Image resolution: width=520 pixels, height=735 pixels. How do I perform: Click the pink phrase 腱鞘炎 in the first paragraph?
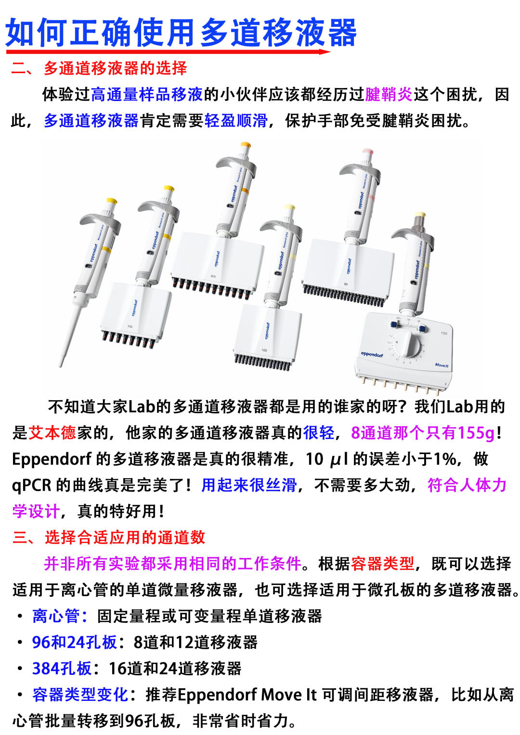[389, 94]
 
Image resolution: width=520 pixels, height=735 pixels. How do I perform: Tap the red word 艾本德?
[52, 432]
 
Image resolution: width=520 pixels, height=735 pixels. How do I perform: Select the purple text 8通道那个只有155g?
[423, 432]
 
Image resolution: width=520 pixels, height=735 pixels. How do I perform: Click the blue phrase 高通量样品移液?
[147, 94]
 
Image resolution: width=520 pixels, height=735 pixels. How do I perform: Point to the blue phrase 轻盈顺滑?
[236, 120]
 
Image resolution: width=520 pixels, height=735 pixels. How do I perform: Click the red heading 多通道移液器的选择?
[115, 68]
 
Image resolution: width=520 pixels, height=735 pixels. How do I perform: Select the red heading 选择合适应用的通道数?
[125, 537]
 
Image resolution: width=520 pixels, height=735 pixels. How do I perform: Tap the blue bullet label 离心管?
[56, 616]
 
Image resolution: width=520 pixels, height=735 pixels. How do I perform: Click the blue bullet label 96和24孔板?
[75, 642]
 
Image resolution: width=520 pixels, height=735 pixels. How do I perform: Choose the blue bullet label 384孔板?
[62, 669]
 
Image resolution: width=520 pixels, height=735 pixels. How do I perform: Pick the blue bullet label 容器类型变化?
[80, 695]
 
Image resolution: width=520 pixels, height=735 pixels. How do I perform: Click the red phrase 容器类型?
[382, 564]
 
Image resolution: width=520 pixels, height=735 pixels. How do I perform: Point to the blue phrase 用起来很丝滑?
[249, 485]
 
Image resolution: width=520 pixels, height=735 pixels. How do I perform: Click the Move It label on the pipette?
[442, 365]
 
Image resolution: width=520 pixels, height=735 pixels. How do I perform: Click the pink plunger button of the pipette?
[367, 151]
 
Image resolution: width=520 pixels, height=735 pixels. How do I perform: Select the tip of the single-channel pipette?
[61, 366]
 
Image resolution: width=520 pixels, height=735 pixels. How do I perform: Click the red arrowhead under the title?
[325, 51]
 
